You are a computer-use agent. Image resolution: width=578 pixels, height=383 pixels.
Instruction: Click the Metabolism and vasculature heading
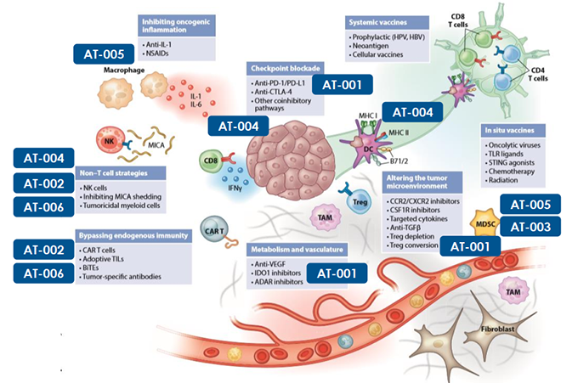click(x=284, y=251)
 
